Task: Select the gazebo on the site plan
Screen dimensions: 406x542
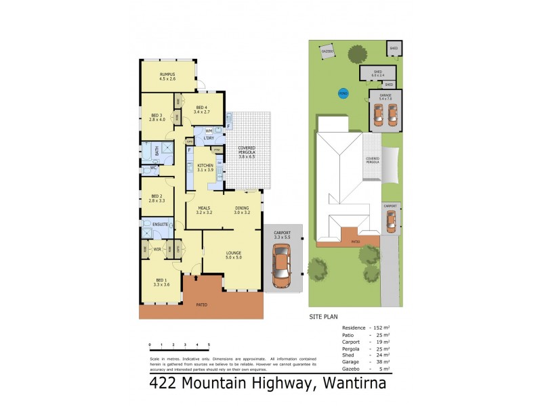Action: pos(328,51)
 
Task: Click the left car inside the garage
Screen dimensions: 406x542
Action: pos(380,114)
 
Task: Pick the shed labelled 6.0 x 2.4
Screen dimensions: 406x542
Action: pos(378,73)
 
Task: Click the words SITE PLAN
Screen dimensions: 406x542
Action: pos(323,316)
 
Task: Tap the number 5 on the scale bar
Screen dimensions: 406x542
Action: pos(209,345)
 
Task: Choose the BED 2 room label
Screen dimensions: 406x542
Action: pos(157,198)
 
